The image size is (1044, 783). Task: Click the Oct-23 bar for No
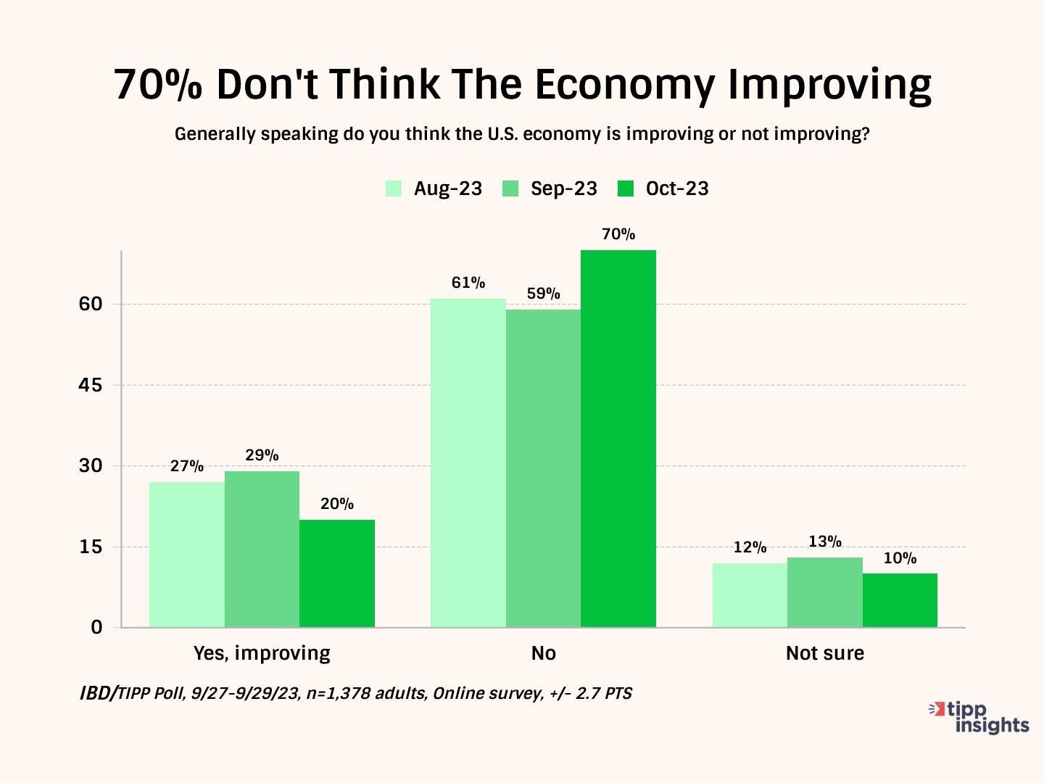(x=618, y=439)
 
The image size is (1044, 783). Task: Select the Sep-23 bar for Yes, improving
(x=262, y=549)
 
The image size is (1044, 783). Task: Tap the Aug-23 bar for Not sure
(x=750, y=595)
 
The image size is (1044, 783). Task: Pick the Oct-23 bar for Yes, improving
(x=337, y=573)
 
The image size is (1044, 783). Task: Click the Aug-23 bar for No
(x=468, y=463)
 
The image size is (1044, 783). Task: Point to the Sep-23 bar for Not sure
(x=825, y=592)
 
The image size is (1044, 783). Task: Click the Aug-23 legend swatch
(x=394, y=188)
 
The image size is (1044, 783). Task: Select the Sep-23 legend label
(x=563, y=188)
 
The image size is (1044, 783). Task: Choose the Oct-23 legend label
(x=677, y=188)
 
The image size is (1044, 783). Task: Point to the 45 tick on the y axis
(x=91, y=385)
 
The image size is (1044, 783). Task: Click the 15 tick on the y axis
(x=91, y=547)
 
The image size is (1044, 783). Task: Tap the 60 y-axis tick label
(x=91, y=304)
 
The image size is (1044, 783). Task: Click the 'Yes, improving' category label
(x=262, y=653)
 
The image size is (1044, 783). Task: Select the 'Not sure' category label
(x=825, y=653)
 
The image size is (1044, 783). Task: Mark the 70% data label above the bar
(x=618, y=234)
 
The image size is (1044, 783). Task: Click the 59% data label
(x=543, y=294)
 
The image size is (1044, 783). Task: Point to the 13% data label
(x=825, y=542)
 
